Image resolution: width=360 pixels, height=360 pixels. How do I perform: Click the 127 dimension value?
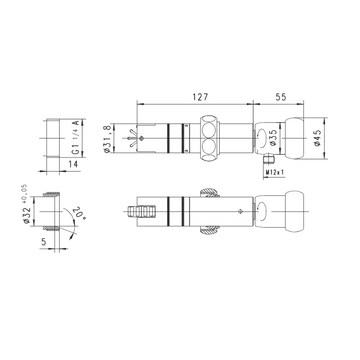click(x=200, y=97)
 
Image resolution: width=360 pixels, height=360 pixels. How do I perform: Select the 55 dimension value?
click(x=281, y=97)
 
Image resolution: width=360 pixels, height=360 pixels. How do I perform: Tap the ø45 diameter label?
click(x=317, y=138)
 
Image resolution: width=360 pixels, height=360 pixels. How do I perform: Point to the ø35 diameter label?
click(x=273, y=138)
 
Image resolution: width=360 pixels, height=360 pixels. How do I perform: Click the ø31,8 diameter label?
click(x=107, y=139)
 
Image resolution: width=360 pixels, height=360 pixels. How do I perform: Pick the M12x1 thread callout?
click(x=274, y=172)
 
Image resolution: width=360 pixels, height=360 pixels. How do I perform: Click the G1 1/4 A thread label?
click(x=76, y=137)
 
